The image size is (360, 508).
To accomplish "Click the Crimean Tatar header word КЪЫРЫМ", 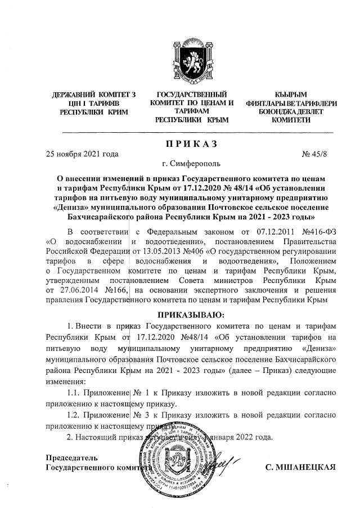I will (x=291, y=94).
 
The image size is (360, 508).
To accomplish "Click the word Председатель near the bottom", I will (x=67, y=457).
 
